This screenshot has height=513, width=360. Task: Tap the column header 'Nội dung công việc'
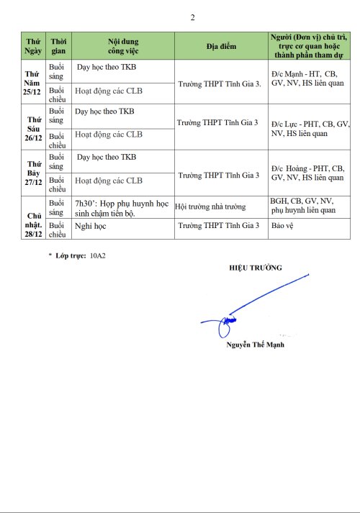(123, 46)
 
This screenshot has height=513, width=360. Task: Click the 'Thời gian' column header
(58, 46)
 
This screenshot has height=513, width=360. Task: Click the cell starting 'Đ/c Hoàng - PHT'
(307, 173)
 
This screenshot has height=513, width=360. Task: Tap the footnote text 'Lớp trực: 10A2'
(81, 255)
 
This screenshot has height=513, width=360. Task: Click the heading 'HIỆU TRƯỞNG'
(256, 268)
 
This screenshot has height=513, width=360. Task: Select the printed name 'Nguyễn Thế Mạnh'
(255, 345)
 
